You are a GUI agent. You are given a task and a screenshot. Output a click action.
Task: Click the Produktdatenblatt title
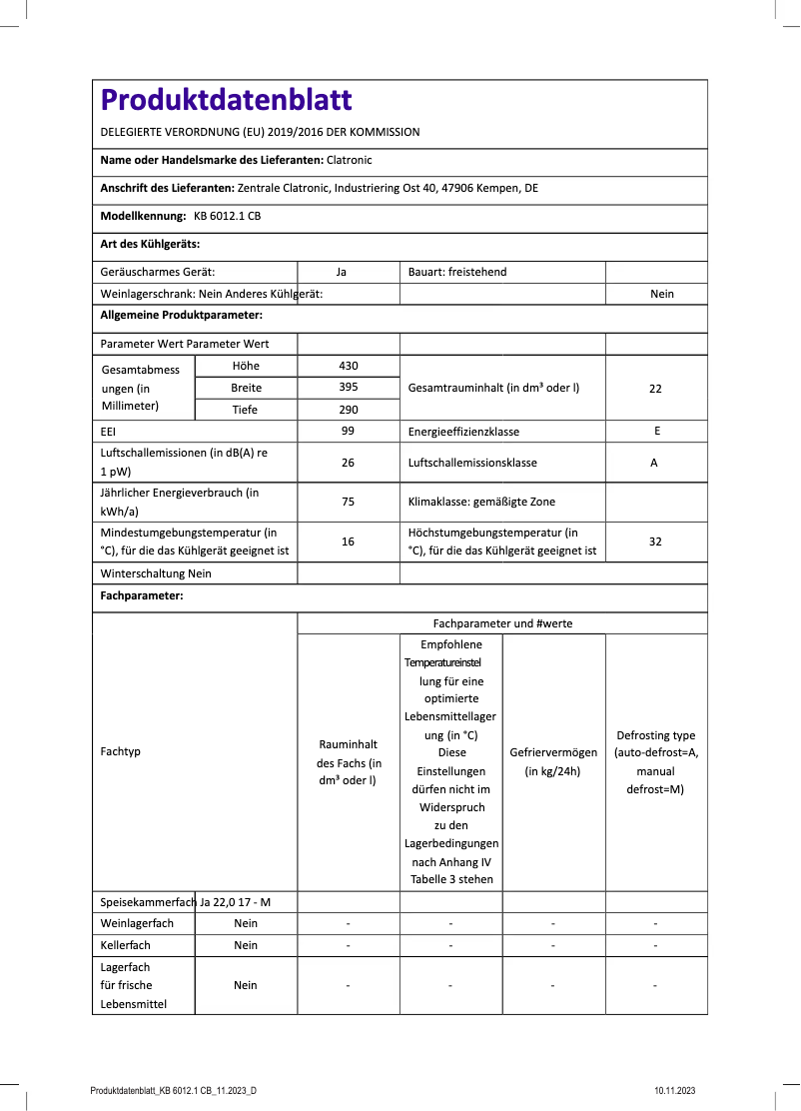(226, 100)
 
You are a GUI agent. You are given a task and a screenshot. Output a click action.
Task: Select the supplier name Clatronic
(349, 160)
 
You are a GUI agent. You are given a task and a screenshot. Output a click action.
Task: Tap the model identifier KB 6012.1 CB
(228, 216)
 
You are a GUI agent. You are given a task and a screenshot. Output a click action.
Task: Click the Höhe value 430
(349, 366)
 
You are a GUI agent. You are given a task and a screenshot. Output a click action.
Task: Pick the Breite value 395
(349, 388)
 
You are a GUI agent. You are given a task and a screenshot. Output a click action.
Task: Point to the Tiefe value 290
(349, 410)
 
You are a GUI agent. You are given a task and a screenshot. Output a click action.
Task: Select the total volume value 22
(655, 389)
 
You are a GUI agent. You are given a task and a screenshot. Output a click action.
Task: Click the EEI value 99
(349, 432)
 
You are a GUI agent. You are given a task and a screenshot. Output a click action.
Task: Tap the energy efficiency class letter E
(655, 432)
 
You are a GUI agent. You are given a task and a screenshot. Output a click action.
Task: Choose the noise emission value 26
(349, 463)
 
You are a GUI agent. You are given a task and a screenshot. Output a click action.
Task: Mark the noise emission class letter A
(655, 463)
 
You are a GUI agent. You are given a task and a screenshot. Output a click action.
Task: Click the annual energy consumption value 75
(349, 502)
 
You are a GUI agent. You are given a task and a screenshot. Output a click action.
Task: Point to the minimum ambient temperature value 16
(349, 542)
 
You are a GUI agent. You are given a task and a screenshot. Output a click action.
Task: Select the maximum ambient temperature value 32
(655, 542)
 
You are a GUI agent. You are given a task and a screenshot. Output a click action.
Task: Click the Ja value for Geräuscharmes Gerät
(342, 272)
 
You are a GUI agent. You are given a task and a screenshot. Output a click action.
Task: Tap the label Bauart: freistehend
(457, 272)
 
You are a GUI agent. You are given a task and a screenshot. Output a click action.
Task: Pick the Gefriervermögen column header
(553, 761)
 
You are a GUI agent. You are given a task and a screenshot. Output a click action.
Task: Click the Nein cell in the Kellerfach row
(246, 945)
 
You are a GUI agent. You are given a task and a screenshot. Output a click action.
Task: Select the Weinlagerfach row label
(137, 923)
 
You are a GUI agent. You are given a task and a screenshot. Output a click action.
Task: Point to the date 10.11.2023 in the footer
(675, 1090)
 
